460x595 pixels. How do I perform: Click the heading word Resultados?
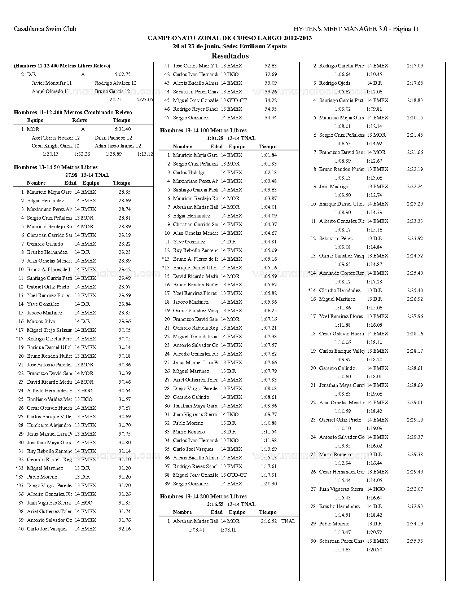coord(230,56)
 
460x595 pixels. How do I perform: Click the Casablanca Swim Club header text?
coord(45,29)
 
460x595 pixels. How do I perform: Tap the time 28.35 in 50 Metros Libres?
coord(124,192)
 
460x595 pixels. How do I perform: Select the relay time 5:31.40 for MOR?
coord(122,129)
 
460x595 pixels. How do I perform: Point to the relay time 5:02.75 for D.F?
coord(122,74)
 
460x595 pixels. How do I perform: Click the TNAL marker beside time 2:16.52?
coord(288,521)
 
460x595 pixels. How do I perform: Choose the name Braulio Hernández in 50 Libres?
coord(47,252)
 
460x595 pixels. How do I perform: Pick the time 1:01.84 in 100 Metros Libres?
coord(268,155)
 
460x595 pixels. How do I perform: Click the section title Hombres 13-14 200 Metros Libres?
coord(203,497)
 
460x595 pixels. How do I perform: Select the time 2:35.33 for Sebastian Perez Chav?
coord(415,541)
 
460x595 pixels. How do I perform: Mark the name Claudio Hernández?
coord(339,290)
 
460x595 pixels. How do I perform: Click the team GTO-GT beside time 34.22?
coord(237,100)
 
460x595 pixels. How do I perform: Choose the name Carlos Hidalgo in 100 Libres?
coord(189,172)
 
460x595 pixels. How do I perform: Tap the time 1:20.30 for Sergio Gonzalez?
coord(268,484)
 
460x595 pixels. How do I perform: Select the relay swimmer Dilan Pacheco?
coord(113,138)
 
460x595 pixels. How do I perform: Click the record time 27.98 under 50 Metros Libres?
coord(71,175)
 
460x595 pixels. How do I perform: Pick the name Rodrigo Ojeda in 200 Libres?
coord(335,83)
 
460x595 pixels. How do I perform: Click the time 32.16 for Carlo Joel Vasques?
coord(124,529)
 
